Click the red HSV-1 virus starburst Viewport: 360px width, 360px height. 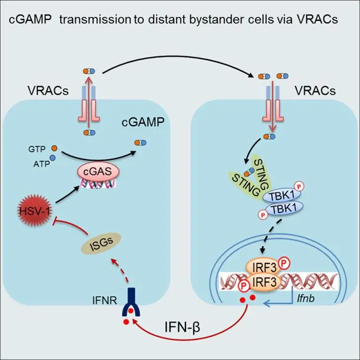pos(35,211)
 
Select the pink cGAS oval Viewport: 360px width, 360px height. pos(98,172)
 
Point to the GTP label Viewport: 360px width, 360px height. pos(37,149)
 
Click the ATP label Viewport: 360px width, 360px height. pos(41,164)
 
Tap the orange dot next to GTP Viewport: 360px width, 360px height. pos(54,148)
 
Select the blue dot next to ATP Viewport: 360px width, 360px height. pos(53,157)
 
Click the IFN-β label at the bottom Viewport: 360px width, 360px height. pos(182,327)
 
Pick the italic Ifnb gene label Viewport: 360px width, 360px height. pos(306,299)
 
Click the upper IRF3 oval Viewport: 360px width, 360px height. pos(263,267)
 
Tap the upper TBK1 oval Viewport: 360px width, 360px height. pos(281,196)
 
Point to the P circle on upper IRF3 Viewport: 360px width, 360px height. pos(284,264)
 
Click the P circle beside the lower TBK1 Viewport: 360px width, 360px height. pos(263,215)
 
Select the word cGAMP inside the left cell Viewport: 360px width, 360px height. pos(143,122)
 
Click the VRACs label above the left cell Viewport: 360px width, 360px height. pos(48,90)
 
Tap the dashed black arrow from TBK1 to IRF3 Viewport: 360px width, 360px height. pos(271,235)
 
